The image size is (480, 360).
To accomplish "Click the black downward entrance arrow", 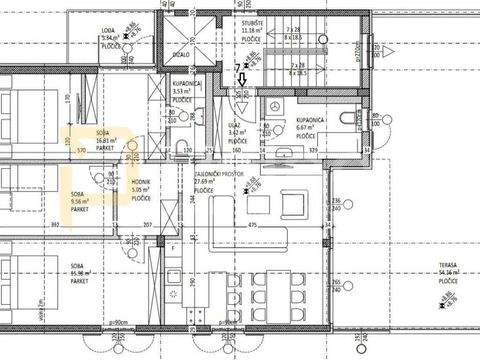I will point(238,87).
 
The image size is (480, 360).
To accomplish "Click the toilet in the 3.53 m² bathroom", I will point(174,147).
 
